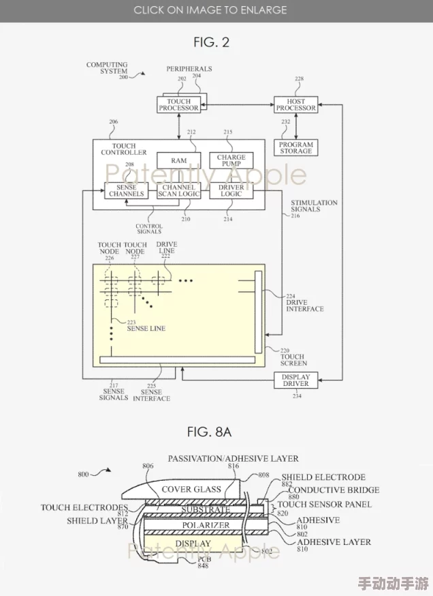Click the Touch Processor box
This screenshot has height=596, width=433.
(x=178, y=104)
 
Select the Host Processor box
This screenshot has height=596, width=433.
(x=295, y=104)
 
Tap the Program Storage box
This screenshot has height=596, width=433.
(x=295, y=148)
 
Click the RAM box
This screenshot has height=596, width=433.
(x=178, y=161)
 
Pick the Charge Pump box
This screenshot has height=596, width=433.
(x=231, y=160)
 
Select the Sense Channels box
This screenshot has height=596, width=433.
(x=127, y=190)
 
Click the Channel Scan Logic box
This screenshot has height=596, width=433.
(x=178, y=190)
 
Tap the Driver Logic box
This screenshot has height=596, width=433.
(x=231, y=190)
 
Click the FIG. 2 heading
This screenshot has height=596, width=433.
(x=211, y=42)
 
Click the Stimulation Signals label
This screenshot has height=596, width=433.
(x=314, y=206)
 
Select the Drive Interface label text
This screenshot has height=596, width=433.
(x=304, y=306)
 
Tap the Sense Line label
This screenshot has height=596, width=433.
(x=146, y=329)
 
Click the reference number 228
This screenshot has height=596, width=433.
(x=299, y=79)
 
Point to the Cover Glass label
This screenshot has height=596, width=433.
(x=191, y=490)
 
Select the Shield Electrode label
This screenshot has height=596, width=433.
(x=323, y=477)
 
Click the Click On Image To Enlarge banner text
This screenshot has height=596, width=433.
(x=210, y=10)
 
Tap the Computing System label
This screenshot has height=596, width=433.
(x=107, y=68)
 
